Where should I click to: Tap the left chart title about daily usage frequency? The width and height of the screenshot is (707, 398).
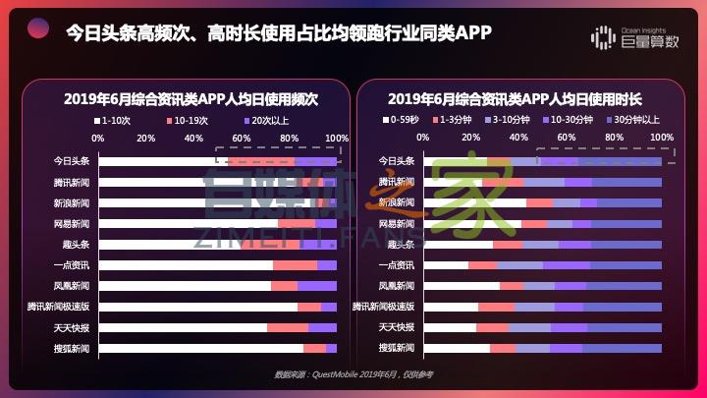(191, 99)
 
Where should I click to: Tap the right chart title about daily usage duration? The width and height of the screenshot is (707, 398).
(515, 99)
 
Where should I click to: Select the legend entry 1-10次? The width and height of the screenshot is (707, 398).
(116, 120)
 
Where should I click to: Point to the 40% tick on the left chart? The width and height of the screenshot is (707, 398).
(194, 138)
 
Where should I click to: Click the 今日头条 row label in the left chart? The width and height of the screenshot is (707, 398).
(72, 161)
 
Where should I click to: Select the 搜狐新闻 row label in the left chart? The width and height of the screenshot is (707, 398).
(72, 348)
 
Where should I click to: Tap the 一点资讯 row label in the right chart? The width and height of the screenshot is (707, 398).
(397, 265)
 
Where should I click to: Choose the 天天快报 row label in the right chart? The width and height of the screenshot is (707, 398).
(397, 327)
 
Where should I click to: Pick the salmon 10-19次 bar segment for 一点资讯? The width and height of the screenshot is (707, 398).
(295, 265)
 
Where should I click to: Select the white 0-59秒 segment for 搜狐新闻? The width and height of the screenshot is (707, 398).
(457, 348)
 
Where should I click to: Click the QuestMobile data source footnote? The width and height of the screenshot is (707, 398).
(353, 374)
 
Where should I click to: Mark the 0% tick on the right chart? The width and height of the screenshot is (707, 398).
(423, 138)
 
